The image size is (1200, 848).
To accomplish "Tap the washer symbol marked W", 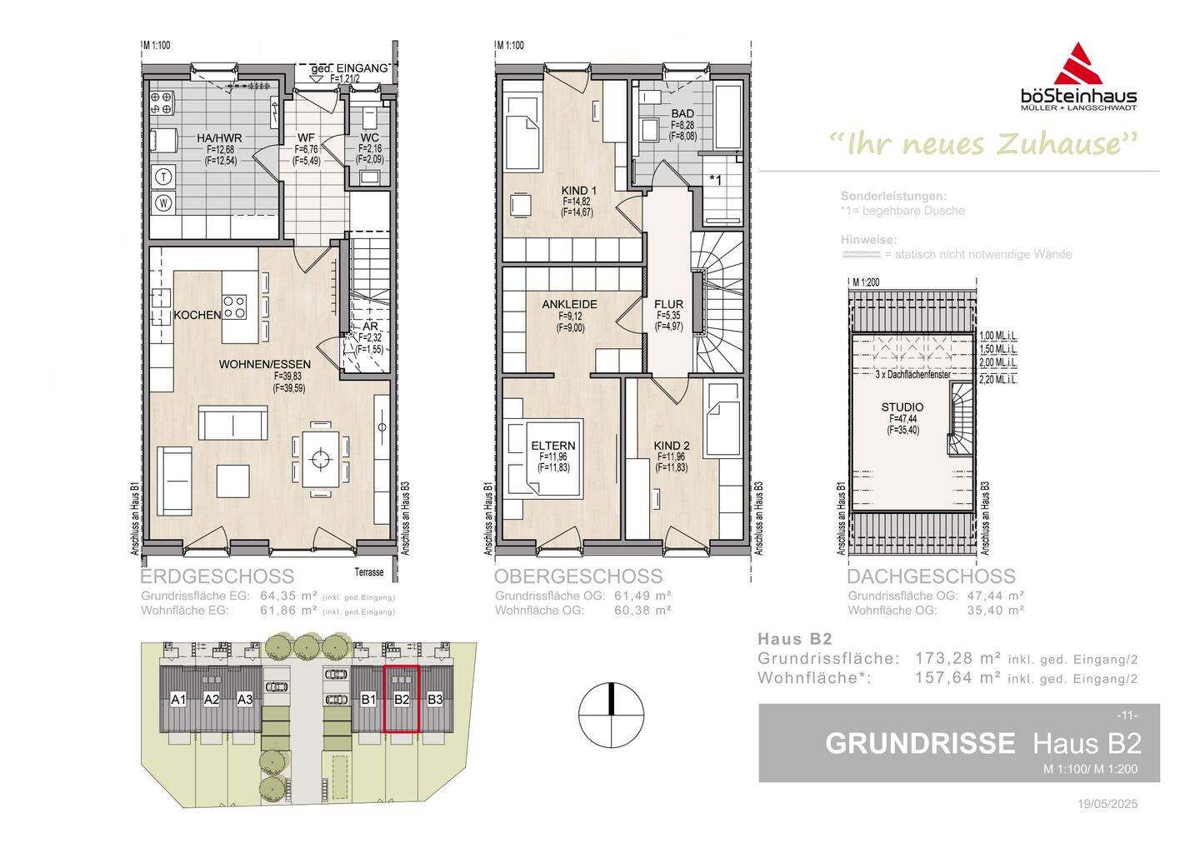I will pos(164,202).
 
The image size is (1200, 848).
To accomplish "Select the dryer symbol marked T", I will pos(164,176).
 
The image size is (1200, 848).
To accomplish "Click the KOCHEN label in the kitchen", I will pos(197,315).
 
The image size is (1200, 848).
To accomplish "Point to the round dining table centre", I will pos(319,457).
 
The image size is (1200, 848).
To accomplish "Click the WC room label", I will pos(370,138).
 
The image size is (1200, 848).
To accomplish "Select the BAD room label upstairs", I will pos(682,114).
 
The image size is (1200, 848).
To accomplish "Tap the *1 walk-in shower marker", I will pos(715,179).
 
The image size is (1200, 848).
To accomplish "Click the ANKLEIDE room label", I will pos(569,305).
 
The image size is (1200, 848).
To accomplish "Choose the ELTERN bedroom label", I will pos(553,446).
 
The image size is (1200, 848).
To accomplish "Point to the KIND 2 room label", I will pos(671,446).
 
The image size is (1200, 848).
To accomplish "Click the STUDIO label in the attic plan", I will pos(902,407).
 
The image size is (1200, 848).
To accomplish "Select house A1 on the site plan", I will pos(177,700).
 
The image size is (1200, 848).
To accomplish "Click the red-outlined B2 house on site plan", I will pos(402,700).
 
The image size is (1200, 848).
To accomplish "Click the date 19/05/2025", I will pos(1107,805).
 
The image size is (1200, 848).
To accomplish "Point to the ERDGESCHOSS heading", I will pos(217,576).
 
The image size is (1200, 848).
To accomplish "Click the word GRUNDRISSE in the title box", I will pos(920,743).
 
